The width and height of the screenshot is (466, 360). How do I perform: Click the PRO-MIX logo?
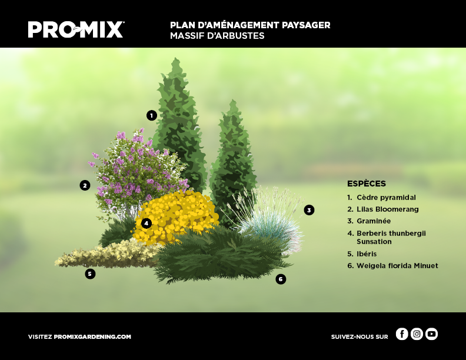click(76, 29)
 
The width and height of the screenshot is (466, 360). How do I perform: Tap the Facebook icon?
click(402, 334)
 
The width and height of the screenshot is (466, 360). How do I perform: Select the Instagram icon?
click(417, 334)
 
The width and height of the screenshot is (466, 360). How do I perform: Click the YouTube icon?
click(431, 334)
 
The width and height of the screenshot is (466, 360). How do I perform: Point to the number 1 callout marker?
click(152, 115)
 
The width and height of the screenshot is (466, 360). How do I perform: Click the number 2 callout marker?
click(85, 185)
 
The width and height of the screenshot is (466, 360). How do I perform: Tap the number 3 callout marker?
click(309, 210)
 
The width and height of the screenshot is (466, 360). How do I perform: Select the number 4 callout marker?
click(147, 223)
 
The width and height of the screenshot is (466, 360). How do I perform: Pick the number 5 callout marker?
click(90, 274)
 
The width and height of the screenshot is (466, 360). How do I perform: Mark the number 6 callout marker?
click(281, 279)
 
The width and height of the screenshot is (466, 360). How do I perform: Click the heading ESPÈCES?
click(367, 184)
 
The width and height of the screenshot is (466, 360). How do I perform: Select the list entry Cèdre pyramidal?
click(382, 198)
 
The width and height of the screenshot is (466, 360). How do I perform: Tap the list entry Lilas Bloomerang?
click(383, 209)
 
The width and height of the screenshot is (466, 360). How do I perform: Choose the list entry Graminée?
click(369, 221)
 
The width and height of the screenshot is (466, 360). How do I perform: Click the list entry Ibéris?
click(362, 254)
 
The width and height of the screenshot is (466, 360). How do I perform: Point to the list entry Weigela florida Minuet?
click(392, 265)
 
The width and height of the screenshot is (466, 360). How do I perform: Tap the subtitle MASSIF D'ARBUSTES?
click(217, 36)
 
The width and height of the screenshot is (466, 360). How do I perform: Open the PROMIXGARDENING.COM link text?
click(92, 337)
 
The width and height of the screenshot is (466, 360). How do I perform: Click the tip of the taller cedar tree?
click(176, 58)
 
